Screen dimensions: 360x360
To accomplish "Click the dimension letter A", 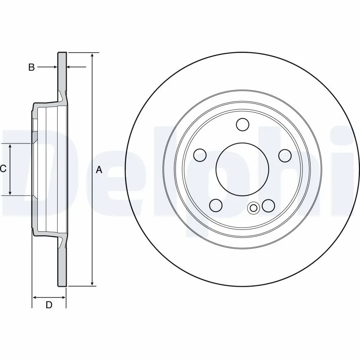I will click(99, 170).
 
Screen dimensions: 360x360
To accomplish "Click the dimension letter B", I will click(31, 67).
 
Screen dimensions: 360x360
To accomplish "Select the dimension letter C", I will click(3, 169).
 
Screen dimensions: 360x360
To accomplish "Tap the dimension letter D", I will click(49, 305).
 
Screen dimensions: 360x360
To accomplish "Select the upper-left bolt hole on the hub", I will click(200, 155).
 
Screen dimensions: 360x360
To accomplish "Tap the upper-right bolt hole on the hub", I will click(285, 155).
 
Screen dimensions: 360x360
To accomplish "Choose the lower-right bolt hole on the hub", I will click(269, 205).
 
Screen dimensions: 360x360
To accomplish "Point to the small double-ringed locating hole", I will click(253, 207).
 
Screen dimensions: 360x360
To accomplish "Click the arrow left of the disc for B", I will click(54, 67).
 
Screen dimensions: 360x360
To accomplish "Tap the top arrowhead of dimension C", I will click(11, 146).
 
